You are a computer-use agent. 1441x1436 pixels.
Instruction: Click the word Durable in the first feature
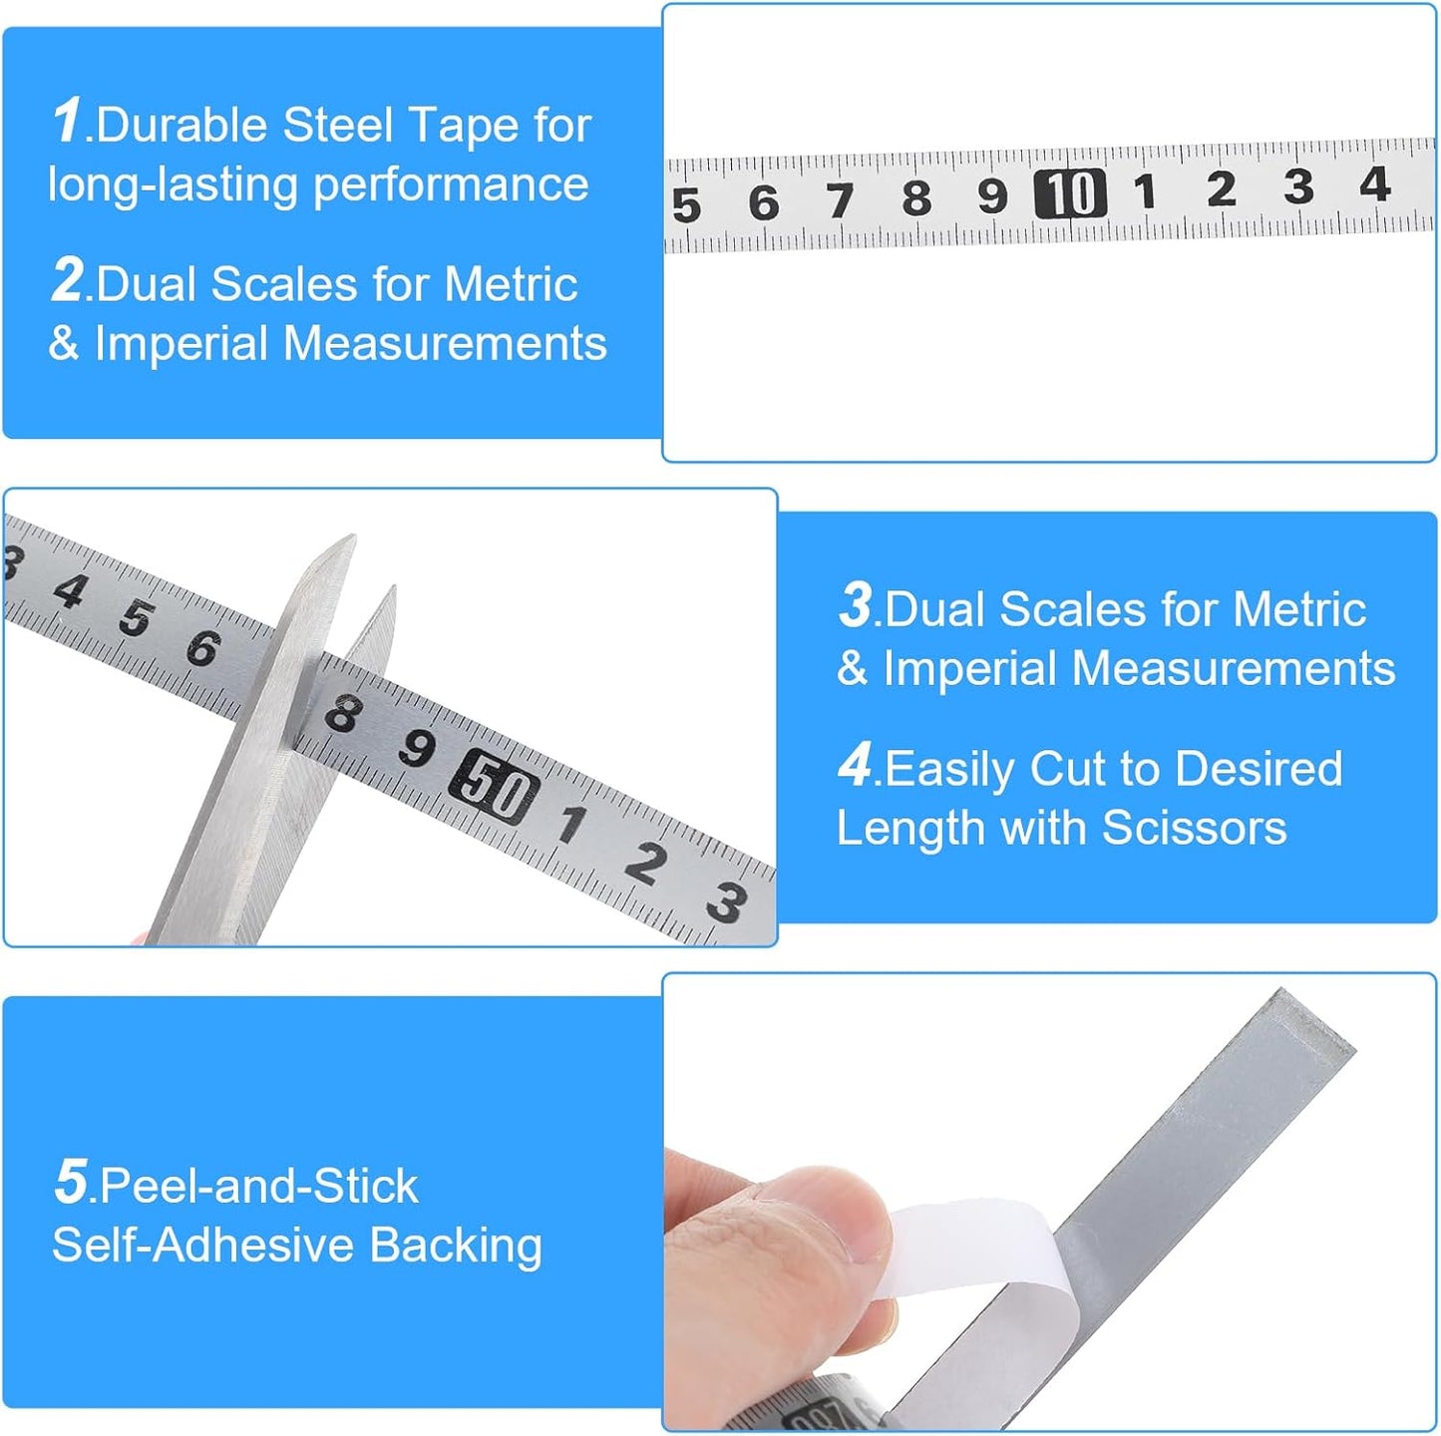click(x=181, y=125)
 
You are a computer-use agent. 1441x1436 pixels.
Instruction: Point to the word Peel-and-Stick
click(x=258, y=1186)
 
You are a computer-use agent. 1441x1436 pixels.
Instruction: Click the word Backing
click(x=456, y=1247)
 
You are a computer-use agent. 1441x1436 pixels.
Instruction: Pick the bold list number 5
click(x=71, y=1181)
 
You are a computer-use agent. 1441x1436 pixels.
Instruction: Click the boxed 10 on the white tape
click(x=1069, y=193)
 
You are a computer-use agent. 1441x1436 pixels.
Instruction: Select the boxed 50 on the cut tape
click(x=494, y=787)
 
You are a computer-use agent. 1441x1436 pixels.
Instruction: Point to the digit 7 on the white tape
click(x=840, y=200)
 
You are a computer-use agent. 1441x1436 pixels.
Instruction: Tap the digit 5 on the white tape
click(x=686, y=205)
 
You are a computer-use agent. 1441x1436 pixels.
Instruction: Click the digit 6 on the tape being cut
click(x=202, y=647)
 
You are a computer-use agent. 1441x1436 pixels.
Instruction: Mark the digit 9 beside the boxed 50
click(x=417, y=747)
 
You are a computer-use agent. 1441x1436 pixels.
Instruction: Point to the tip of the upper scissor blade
click(x=353, y=536)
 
